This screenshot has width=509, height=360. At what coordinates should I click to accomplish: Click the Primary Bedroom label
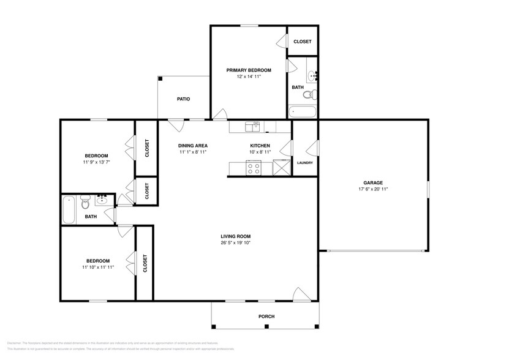coord(248,70)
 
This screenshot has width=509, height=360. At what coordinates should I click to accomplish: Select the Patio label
coord(183,99)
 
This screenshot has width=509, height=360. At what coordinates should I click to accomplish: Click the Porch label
coord(266,316)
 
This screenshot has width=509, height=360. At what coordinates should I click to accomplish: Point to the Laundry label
coord(304,163)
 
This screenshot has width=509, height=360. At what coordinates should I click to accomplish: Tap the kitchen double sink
coord(252,126)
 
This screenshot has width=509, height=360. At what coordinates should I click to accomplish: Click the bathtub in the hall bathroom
coord(69,209)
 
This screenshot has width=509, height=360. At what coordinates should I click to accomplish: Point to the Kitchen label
coord(260,146)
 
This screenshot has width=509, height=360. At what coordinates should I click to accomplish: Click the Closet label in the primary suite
coord(302,42)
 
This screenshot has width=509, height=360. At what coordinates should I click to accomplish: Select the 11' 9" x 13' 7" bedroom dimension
coord(96,162)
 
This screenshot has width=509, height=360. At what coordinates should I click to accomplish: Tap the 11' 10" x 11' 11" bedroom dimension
coord(96,266)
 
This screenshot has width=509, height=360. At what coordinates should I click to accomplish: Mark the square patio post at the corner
coord(160,78)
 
